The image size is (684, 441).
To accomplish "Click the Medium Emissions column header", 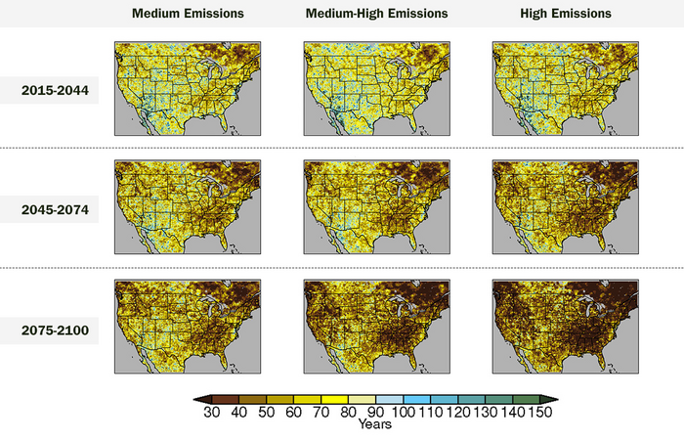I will (x=189, y=14).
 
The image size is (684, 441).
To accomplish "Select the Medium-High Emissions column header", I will (x=377, y=14).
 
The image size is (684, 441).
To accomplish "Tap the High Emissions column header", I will (x=566, y=14).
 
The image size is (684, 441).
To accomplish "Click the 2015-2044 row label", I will (x=55, y=91).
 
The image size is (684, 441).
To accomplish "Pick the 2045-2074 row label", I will (x=55, y=210).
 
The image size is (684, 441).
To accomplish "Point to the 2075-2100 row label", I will (x=55, y=331).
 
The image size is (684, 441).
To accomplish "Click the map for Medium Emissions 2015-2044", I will (x=189, y=88).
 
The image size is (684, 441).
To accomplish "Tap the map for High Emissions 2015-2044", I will (x=566, y=88).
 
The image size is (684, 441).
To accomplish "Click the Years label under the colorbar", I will (x=375, y=425).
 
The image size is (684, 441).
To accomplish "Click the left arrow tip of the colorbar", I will (x=195, y=399).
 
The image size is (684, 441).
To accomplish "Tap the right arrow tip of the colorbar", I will (x=556, y=399).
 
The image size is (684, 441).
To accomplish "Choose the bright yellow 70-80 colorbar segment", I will (x=334, y=399).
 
